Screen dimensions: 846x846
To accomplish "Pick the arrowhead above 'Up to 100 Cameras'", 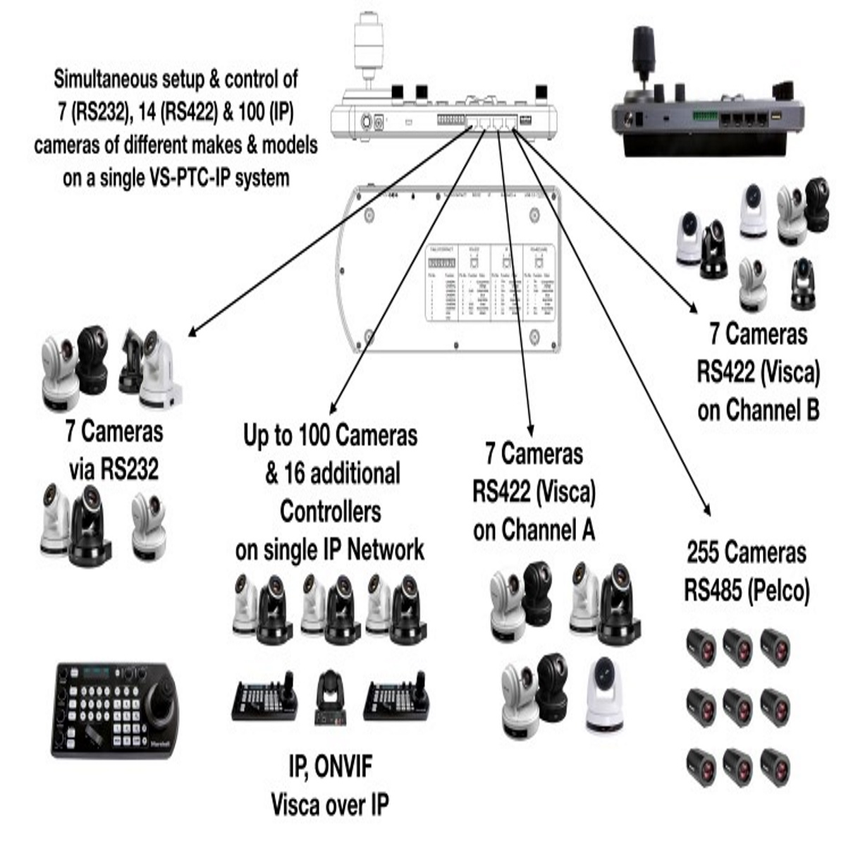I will tap(333, 410).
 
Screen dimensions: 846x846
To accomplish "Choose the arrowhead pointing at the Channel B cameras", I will tap(693, 308).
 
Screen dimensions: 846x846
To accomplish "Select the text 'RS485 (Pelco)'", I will tap(746, 590).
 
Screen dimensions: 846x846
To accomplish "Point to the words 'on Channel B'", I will tap(758, 410).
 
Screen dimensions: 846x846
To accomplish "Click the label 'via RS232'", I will tap(114, 469).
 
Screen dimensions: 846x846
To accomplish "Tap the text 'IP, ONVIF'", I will tap(330, 767).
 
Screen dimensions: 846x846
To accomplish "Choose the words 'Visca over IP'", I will tap(330, 804).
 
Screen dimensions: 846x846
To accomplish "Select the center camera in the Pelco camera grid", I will tap(737, 706).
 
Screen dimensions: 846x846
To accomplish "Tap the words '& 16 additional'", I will tap(332, 474).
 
